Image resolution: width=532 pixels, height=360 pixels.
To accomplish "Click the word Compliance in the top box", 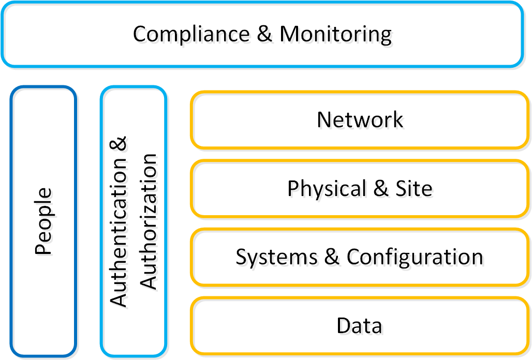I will pos(191,34).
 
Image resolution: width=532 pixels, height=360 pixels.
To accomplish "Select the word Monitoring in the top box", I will pos(335,34).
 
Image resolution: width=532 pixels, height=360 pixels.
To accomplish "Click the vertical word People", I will pos(44,221).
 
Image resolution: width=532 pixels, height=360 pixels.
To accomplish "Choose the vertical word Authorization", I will pos(149,221).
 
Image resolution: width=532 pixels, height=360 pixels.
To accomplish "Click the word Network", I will pos(360,119).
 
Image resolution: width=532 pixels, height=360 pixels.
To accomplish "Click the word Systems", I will pos(276,257).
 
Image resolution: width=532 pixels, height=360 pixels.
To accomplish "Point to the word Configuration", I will pos(415,257).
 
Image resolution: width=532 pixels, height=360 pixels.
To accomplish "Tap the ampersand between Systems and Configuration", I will pos(332,257).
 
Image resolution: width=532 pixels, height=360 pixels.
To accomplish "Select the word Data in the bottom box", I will pos(359,325).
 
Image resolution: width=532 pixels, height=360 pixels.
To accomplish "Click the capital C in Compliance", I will pos(140,34).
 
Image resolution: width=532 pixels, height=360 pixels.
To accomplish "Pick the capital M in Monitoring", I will pos(290,34).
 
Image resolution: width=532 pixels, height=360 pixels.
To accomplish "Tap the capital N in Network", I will pos(324,119).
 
